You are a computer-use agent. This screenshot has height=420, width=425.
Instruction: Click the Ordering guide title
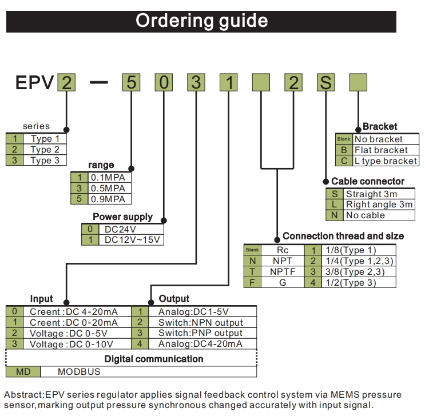[201, 21]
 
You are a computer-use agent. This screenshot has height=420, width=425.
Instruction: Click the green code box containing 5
[130, 83]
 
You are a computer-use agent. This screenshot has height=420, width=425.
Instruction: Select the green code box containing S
[325, 83]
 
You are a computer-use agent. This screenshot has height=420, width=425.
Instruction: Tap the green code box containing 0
[164, 83]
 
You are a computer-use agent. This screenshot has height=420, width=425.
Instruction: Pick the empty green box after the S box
[358, 83]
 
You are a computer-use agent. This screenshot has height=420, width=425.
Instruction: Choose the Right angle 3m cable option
[379, 205]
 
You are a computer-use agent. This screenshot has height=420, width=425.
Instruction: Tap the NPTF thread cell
[283, 271]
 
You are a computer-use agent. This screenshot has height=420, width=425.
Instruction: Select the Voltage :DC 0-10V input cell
[72, 344]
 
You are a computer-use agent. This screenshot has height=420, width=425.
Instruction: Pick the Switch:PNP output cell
[200, 333]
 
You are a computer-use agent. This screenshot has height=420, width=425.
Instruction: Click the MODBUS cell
[79, 371]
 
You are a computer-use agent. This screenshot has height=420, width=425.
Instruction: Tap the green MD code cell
[23, 371]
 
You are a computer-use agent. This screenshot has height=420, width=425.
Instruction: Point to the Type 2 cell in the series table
[45, 150]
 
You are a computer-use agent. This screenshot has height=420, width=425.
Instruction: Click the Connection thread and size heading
[343, 236]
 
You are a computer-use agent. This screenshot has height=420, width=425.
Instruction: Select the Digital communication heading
[154, 359]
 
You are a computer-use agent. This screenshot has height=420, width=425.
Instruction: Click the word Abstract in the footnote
[23, 395]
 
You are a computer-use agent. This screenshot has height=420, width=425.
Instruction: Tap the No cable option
[366, 215]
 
